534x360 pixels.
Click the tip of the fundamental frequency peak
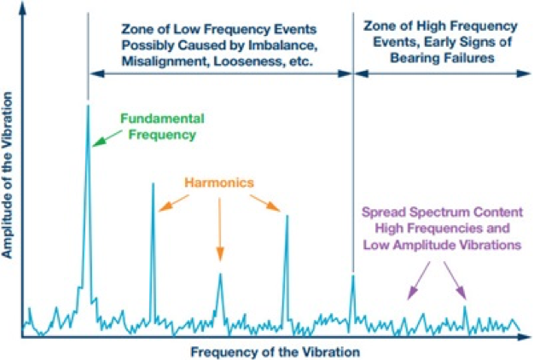pos(88,106)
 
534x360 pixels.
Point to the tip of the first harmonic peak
pos(153,184)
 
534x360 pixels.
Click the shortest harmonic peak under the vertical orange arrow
pos(219,275)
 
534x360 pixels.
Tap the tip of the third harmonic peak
pos(287,216)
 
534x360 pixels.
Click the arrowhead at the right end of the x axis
pos(522,335)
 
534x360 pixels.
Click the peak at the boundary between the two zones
pos(352,276)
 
